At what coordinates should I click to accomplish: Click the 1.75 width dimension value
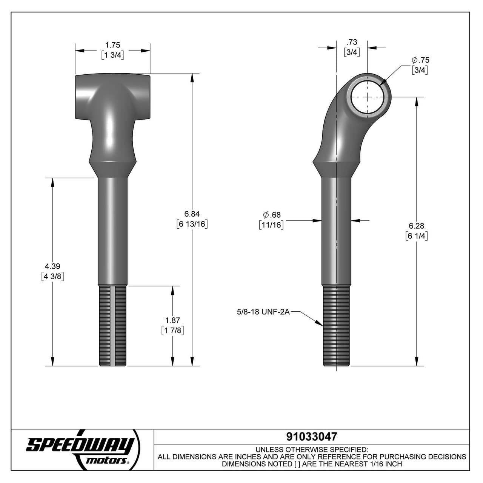(x=112, y=45)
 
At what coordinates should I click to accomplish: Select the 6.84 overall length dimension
(x=192, y=214)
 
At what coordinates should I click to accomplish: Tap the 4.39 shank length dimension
(x=52, y=266)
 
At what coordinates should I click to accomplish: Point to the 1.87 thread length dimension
(x=172, y=320)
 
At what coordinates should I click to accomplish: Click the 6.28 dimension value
(x=416, y=226)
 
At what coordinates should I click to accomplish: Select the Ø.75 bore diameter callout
(x=420, y=60)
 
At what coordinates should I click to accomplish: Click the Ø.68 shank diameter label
(x=272, y=215)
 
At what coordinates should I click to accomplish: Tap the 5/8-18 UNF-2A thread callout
(x=263, y=312)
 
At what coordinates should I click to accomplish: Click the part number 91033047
(x=312, y=437)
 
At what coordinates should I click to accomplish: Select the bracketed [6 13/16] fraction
(x=192, y=224)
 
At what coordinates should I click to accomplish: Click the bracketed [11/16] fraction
(x=271, y=225)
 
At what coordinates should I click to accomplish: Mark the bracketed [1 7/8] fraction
(x=172, y=331)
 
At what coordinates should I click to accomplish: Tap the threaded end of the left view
(x=112, y=325)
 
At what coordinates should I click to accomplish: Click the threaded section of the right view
(x=337, y=325)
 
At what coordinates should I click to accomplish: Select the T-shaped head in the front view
(x=112, y=97)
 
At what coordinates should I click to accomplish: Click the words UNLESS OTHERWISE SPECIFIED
(x=311, y=449)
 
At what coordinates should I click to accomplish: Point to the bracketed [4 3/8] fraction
(x=52, y=276)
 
